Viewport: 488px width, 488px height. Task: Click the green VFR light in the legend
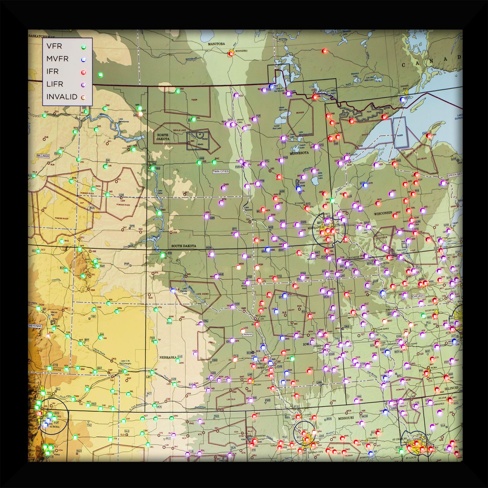click(x=83, y=47)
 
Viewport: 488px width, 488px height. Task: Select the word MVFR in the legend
click(x=57, y=59)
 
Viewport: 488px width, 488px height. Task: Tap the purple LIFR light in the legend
click(x=83, y=85)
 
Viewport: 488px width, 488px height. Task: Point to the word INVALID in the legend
click(x=62, y=97)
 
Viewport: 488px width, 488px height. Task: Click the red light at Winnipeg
click(x=231, y=54)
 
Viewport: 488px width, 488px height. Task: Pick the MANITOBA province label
click(x=216, y=44)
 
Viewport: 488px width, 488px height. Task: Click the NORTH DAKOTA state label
click(x=162, y=137)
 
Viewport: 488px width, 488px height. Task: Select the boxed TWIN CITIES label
click(x=220, y=171)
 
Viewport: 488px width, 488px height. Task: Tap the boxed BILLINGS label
click(x=43, y=156)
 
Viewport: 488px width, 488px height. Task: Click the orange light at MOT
click(x=140, y=114)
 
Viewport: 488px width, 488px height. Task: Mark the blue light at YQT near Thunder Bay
click(x=403, y=99)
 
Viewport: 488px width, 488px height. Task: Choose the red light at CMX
click(x=429, y=136)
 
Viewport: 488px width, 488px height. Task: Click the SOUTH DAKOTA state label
click(x=183, y=246)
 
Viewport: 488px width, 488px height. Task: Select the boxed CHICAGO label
click(x=418, y=296)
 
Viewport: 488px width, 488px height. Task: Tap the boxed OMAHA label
click(x=247, y=334)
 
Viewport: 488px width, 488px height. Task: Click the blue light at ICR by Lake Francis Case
click(x=173, y=290)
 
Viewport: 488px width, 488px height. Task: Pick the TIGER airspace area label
click(x=194, y=100)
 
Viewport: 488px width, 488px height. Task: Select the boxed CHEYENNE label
click(x=35, y=326)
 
